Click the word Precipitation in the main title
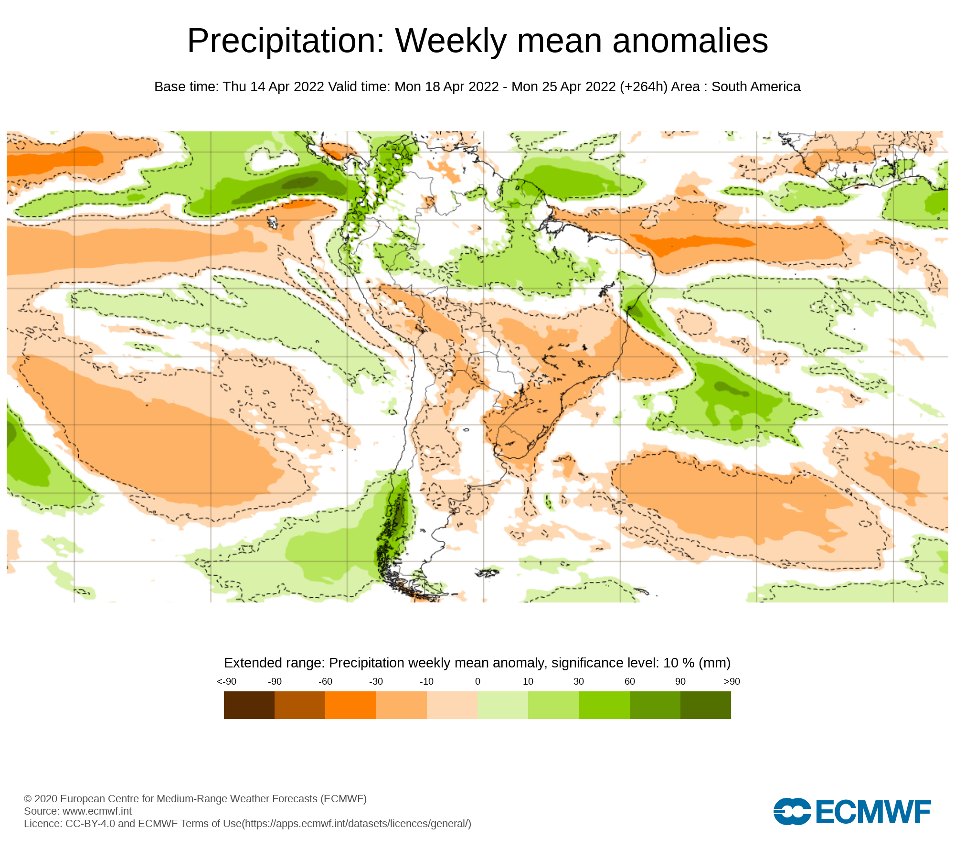click(x=286, y=41)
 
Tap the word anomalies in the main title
click(x=690, y=41)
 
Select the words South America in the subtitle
click(x=756, y=87)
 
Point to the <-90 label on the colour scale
click(x=226, y=682)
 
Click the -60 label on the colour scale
click(x=325, y=682)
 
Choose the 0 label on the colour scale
click(x=477, y=682)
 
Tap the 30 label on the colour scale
click(x=579, y=682)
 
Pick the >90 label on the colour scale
click(x=732, y=682)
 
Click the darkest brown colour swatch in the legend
click(x=249, y=705)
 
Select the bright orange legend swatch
click(x=350, y=705)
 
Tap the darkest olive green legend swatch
click(x=705, y=705)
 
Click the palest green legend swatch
click(x=502, y=705)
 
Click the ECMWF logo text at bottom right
click(x=873, y=812)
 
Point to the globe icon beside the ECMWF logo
click(x=792, y=811)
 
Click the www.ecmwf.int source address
click(x=97, y=811)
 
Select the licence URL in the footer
click(x=357, y=824)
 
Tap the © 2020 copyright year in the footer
click(x=41, y=799)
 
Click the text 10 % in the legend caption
click(x=679, y=663)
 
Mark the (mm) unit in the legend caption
click(x=714, y=663)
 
